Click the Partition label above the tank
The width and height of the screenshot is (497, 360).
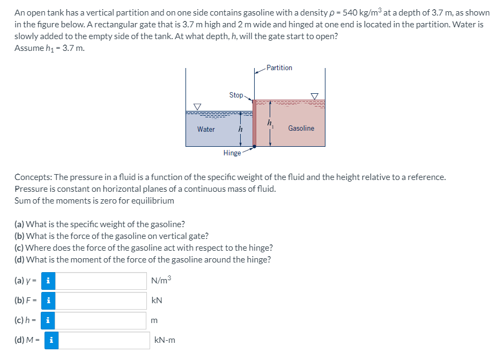point(279,67)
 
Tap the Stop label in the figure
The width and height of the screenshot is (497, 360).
point(236,95)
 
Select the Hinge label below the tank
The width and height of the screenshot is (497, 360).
point(232,153)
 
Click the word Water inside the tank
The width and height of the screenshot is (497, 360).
point(206,129)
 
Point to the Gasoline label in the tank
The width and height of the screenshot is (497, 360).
point(301,128)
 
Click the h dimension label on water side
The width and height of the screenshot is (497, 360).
point(240,129)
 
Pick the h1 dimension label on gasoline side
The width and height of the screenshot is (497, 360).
point(270,124)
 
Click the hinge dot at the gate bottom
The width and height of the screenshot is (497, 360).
point(254,144)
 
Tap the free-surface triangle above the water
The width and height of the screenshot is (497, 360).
point(197,107)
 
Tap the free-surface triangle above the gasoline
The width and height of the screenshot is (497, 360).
point(315,96)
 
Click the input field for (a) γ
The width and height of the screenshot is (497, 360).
point(101,280)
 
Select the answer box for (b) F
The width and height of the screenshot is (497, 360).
point(101,300)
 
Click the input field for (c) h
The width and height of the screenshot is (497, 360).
point(101,320)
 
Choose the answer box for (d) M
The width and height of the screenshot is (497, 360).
point(104,340)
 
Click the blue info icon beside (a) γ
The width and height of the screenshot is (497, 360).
point(49,280)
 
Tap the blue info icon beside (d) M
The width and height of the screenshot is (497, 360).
point(51,340)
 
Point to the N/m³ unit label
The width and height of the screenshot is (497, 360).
point(161,280)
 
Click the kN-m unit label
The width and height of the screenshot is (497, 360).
point(165,340)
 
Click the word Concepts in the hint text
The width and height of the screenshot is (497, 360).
point(31,177)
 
